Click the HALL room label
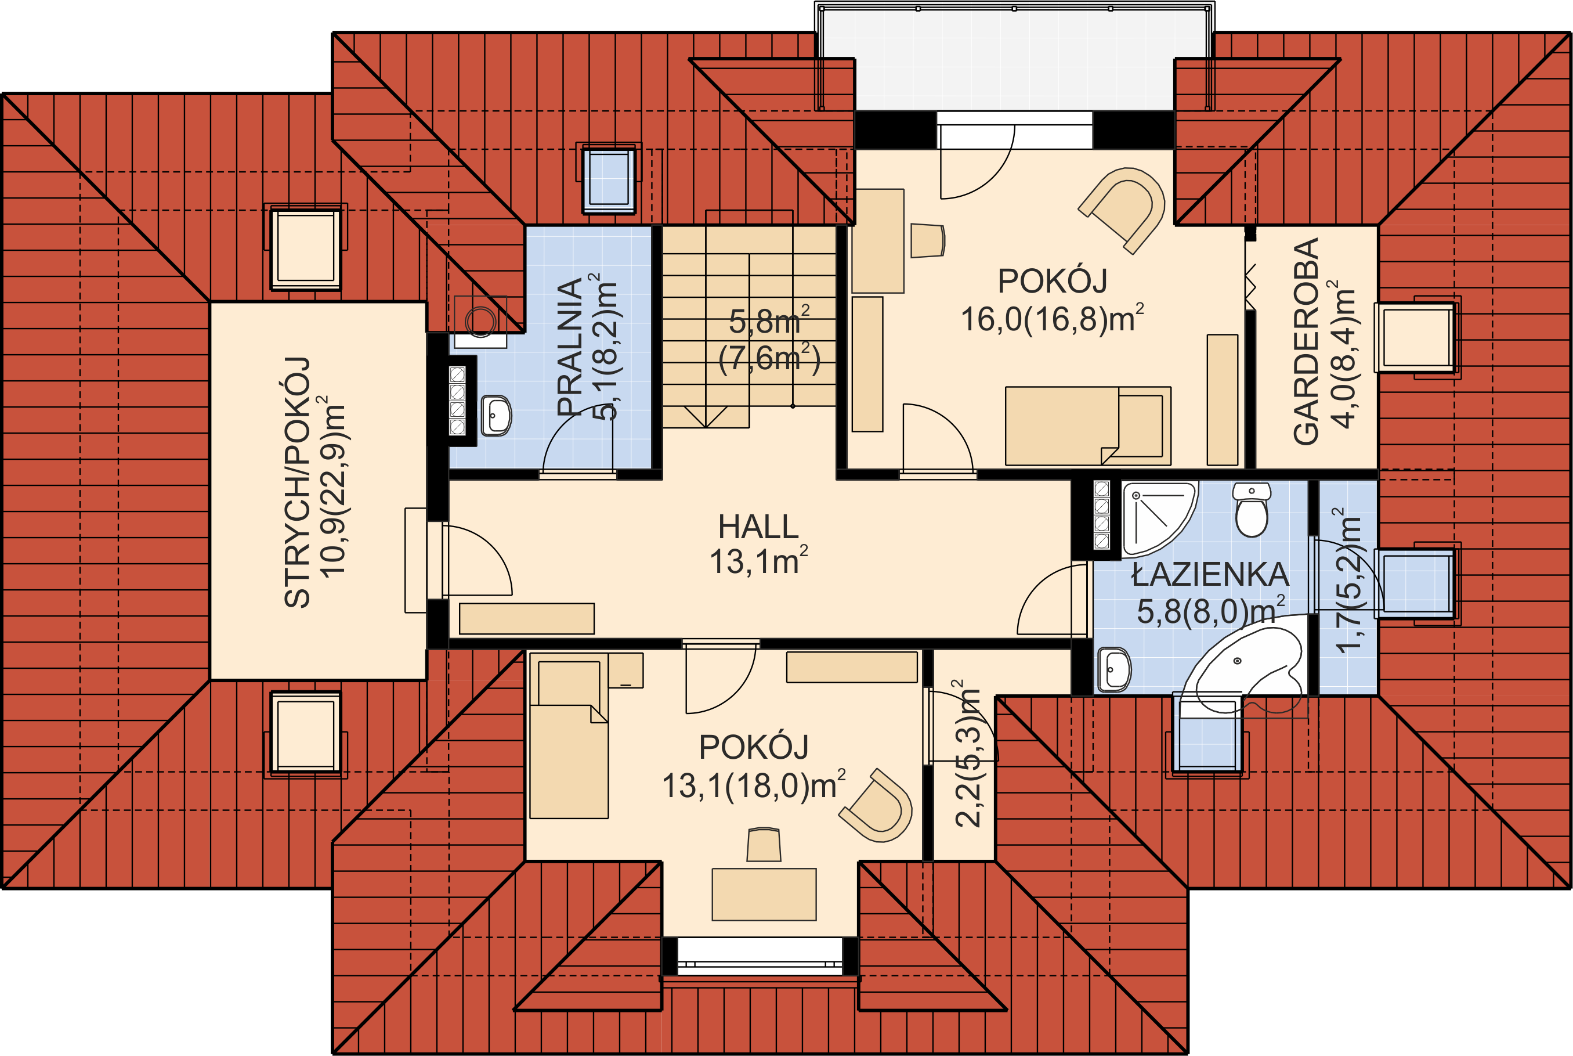tap(758, 527)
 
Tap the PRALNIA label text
tap(569, 347)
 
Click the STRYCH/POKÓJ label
tap(297, 482)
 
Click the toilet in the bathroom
tap(1252, 509)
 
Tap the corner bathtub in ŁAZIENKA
tap(1242, 669)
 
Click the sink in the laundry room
tap(496, 416)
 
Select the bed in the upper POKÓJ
tap(1088, 426)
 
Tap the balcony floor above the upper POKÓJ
tap(1014, 60)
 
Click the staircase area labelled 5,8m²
tap(749, 327)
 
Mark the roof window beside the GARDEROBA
tap(1416, 337)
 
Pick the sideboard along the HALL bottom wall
tap(526, 618)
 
